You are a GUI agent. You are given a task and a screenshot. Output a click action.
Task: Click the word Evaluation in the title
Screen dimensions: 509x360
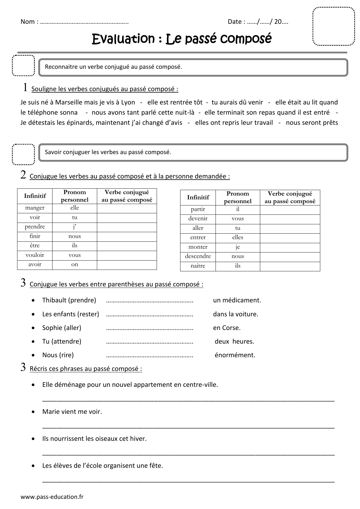coord(123,39)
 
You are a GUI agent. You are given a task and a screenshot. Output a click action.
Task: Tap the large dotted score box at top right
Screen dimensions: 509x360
coord(334,26)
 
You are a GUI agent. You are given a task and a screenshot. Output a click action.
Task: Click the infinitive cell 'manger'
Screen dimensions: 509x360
coord(35,208)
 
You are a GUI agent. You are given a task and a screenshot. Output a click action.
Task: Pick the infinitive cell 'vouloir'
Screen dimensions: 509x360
coord(35,255)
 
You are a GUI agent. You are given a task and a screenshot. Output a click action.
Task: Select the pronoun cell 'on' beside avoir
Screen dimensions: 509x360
coord(75,264)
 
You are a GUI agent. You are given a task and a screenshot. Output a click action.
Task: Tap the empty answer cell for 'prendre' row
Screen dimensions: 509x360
coord(127,227)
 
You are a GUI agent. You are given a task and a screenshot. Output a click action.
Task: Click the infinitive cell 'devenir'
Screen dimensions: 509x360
coord(198,219)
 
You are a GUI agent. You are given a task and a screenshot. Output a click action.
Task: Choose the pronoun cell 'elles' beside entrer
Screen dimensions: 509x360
coord(238,237)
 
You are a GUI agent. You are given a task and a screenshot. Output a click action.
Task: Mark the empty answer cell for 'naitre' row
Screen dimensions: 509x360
coord(290,266)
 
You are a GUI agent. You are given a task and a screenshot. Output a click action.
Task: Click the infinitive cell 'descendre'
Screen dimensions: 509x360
coord(198,256)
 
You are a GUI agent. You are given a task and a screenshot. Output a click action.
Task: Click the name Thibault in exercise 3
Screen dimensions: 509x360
coord(54,300)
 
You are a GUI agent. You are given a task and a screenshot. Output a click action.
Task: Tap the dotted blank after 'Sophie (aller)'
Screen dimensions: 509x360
coord(150,328)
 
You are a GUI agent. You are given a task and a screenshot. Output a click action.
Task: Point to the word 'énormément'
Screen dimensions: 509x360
coord(235,355)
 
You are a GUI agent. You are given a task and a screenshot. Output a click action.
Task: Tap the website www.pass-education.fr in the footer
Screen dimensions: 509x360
coord(52,497)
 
